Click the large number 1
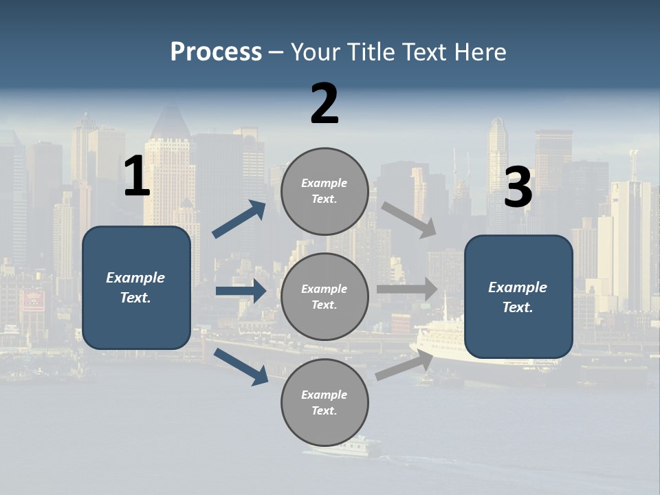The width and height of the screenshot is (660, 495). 137,177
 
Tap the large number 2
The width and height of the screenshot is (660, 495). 324,104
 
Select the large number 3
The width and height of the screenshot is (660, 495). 518,188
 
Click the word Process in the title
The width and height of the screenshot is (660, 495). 216,52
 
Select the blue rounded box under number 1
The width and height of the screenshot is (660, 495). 136,287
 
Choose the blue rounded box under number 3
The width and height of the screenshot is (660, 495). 518,296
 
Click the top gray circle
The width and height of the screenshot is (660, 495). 324,191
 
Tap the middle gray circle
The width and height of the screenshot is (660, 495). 324,296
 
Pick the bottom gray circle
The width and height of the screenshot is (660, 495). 324,402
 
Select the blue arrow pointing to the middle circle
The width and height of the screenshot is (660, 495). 241,291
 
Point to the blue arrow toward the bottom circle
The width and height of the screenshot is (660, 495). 241,366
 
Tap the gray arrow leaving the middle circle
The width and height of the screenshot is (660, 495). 407,289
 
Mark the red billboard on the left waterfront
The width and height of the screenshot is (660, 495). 32,300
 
